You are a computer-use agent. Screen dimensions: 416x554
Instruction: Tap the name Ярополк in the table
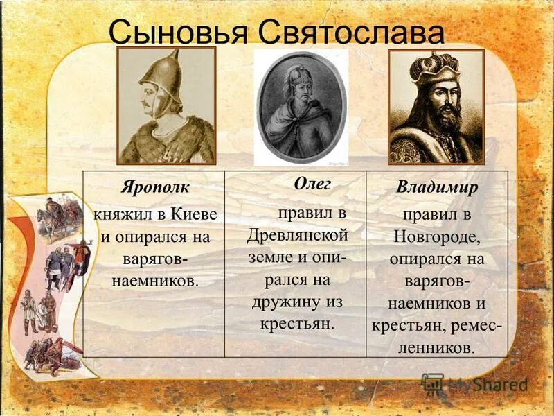pyautogui.click(x=154, y=189)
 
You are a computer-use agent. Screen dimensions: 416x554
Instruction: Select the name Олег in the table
pyautogui.click(x=312, y=184)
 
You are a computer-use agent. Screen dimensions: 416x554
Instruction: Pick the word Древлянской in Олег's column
pyautogui.click(x=297, y=234)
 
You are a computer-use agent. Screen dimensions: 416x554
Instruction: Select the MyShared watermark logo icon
pyautogui.click(x=432, y=383)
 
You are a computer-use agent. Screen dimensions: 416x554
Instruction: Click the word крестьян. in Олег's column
pyautogui.click(x=297, y=323)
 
